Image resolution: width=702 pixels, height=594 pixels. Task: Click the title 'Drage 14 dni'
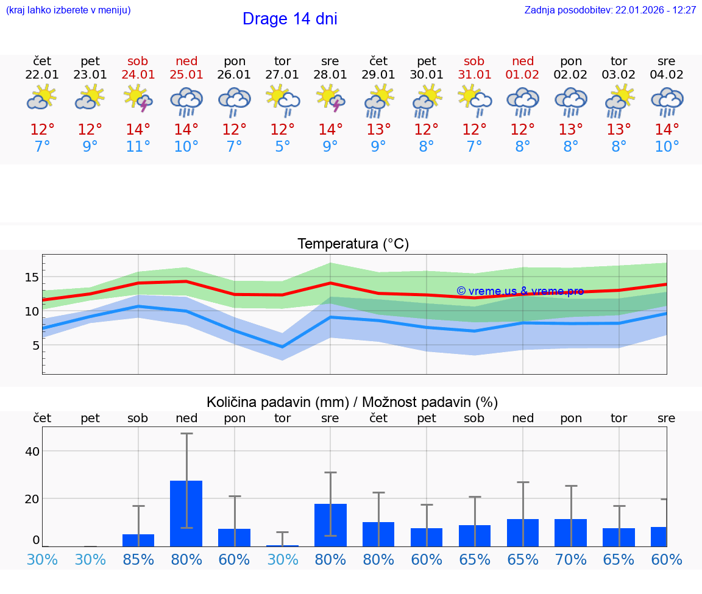[x=289, y=19]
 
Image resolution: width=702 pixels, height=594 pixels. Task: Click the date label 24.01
[x=138, y=75]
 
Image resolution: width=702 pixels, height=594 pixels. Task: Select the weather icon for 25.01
[x=186, y=101]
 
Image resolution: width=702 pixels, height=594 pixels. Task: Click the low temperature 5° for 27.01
[x=282, y=147]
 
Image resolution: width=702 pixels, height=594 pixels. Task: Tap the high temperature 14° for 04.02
[x=667, y=130]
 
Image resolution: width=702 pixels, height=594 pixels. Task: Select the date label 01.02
[x=522, y=75]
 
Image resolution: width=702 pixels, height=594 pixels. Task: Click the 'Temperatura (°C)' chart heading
[x=353, y=244]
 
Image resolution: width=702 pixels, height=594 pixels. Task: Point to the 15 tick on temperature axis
[x=32, y=277]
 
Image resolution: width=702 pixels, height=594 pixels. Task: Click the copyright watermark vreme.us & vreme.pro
[x=520, y=291]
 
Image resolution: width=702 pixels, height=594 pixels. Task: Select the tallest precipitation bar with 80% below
[x=186, y=513]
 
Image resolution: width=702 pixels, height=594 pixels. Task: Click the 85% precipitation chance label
[x=138, y=560]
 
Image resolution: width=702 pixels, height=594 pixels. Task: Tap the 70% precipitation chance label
[x=571, y=560]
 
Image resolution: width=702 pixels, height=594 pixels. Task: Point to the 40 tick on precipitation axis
[x=32, y=451]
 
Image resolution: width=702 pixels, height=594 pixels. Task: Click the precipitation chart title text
[x=352, y=402]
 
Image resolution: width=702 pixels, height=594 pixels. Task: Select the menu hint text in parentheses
[x=68, y=10]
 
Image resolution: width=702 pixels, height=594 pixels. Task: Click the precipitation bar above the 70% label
[x=571, y=532]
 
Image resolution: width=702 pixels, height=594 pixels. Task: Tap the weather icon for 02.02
[x=571, y=101]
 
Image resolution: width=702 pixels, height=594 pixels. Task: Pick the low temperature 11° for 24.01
[x=138, y=147]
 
